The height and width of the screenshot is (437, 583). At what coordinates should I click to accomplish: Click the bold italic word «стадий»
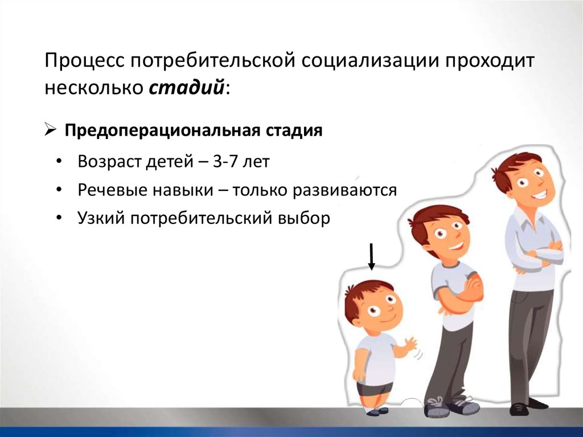(x=186, y=88)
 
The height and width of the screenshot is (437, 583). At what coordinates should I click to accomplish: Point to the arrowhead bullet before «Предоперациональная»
(x=50, y=130)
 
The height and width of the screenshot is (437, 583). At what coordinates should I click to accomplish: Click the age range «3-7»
(x=225, y=162)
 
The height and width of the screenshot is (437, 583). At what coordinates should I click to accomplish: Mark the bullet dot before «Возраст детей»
(x=59, y=162)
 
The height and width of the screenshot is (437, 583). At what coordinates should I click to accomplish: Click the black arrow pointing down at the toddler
(x=371, y=256)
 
